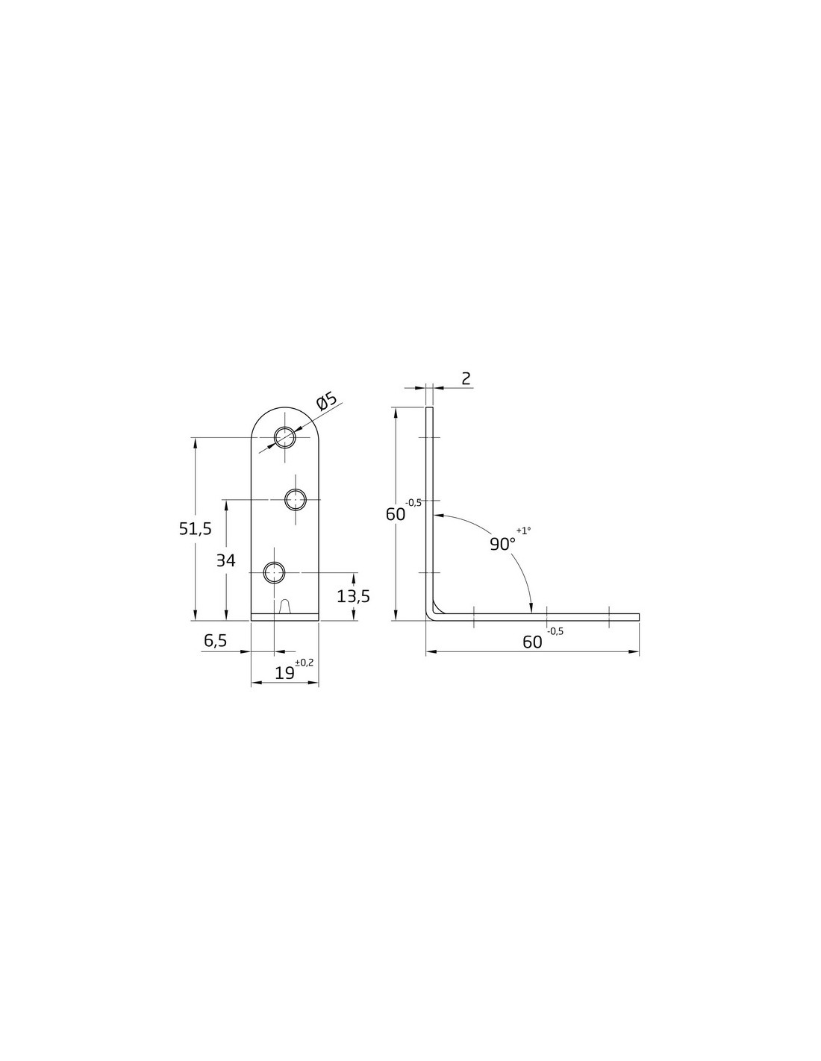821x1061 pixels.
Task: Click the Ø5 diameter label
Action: tap(327, 401)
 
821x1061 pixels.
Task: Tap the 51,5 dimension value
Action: tap(196, 528)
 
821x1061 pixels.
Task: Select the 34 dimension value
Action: tap(226, 560)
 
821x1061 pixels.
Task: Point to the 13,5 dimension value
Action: tap(353, 595)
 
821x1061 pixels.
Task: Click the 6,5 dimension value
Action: tap(216, 640)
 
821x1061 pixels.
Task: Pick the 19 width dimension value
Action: tap(284, 673)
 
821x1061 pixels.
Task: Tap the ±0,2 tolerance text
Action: tap(305, 662)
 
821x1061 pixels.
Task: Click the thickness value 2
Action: tap(466, 378)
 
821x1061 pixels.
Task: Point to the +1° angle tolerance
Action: tap(523, 530)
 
